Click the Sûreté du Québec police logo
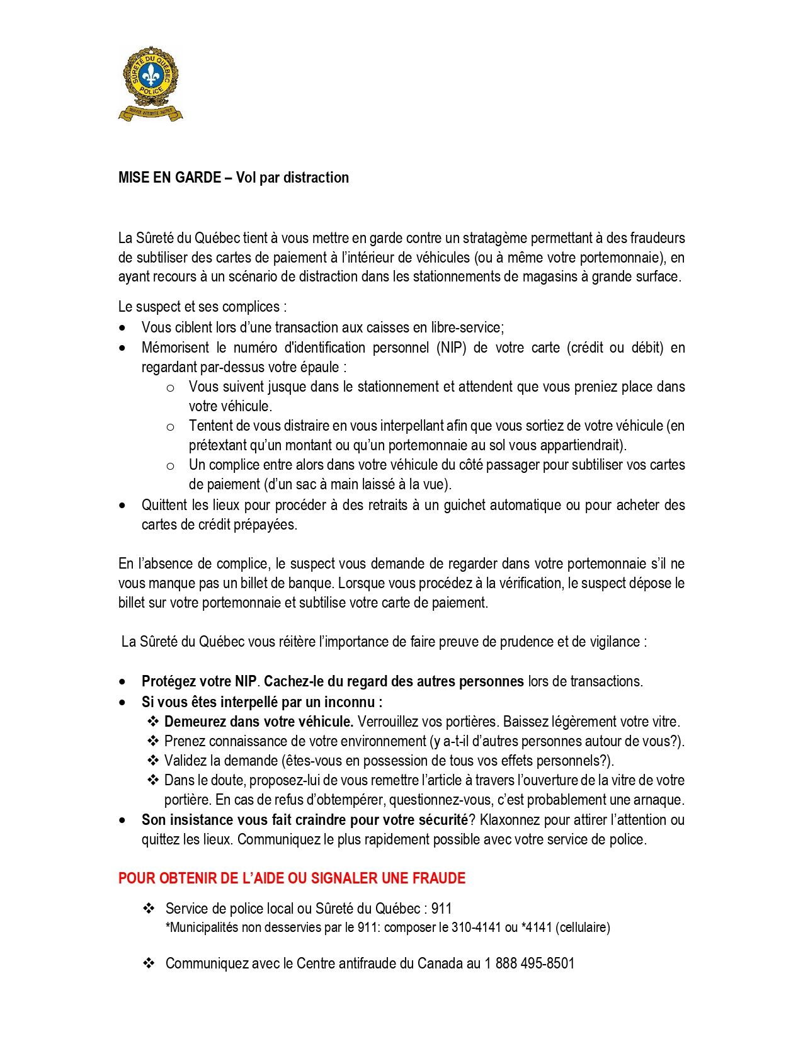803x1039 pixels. tap(150, 83)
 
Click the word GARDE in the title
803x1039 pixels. tap(198, 178)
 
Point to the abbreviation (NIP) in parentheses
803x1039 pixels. tap(452, 348)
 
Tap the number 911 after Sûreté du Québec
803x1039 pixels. tap(441, 909)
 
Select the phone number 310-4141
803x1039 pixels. tap(476, 928)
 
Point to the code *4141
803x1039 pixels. tap(536, 928)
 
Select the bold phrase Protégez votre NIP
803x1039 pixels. tap(199, 681)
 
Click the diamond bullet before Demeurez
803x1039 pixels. tap(153, 721)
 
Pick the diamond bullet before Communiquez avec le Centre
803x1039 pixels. tap(149, 963)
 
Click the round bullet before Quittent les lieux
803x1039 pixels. tap(122, 506)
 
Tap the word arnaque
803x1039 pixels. tap(659, 800)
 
